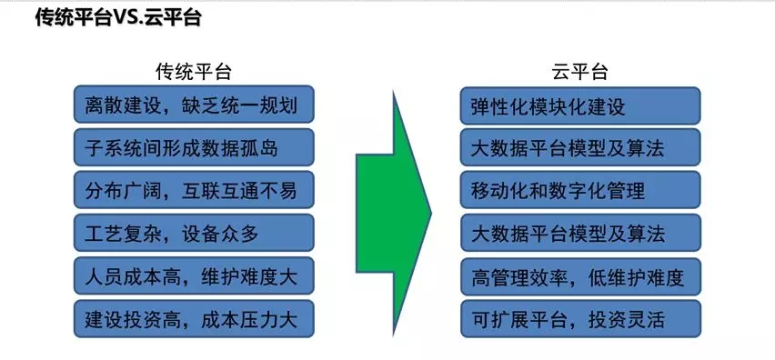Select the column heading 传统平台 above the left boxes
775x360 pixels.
pyautogui.click(x=193, y=72)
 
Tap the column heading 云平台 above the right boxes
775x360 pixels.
pyautogui.click(x=579, y=72)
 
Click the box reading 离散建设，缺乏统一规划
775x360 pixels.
pyautogui.click(x=194, y=105)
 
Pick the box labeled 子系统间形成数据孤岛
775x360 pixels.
pyautogui.click(x=194, y=147)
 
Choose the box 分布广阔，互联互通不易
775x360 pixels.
pyautogui.click(x=194, y=190)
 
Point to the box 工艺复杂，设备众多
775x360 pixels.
pyautogui.click(x=194, y=233)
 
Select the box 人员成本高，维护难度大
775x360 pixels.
pyautogui.click(x=194, y=276)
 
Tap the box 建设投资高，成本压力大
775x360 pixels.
pyautogui.click(x=194, y=319)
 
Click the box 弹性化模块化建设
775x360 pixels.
pyautogui.click(x=580, y=105)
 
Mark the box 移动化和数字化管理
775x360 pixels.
pyautogui.click(x=580, y=190)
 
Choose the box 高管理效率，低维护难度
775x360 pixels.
pyautogui.click(x=580, y=276)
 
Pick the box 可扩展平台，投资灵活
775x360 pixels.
pyautogui.click(x=580, y=319)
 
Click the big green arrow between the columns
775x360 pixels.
pyautogui.click(x=394, y=214)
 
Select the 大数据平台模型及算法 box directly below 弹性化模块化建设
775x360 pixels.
pyautogui.click(x=580, y=147)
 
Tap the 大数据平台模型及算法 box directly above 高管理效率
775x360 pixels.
pyautogui.click(x=580, y=233)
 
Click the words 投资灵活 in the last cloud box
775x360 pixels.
pyautogui.click(x=626, y=320)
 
